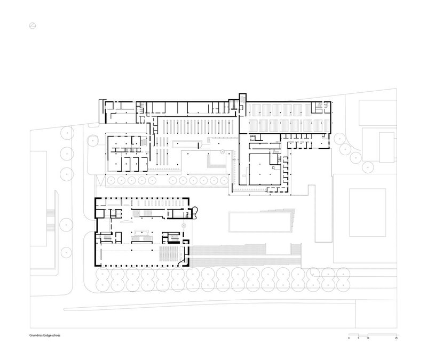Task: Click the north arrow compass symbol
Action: [x=33, y=26]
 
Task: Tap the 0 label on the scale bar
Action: [x=349, y=338]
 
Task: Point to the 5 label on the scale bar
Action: [x=358, y=338]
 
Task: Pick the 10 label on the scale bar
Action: [x=368, y=338]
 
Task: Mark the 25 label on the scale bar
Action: [x=396, y=338]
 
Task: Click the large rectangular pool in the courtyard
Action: [x=260, y=222]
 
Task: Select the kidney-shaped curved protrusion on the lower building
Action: [x=194, y=213]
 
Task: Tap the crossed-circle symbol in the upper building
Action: [x=223, y=152]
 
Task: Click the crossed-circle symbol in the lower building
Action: [x=184, y=226]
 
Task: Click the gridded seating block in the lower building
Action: [x=169, y=253]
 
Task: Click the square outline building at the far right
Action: [x=368, y=212]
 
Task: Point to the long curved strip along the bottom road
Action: [x=210, y=305]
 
